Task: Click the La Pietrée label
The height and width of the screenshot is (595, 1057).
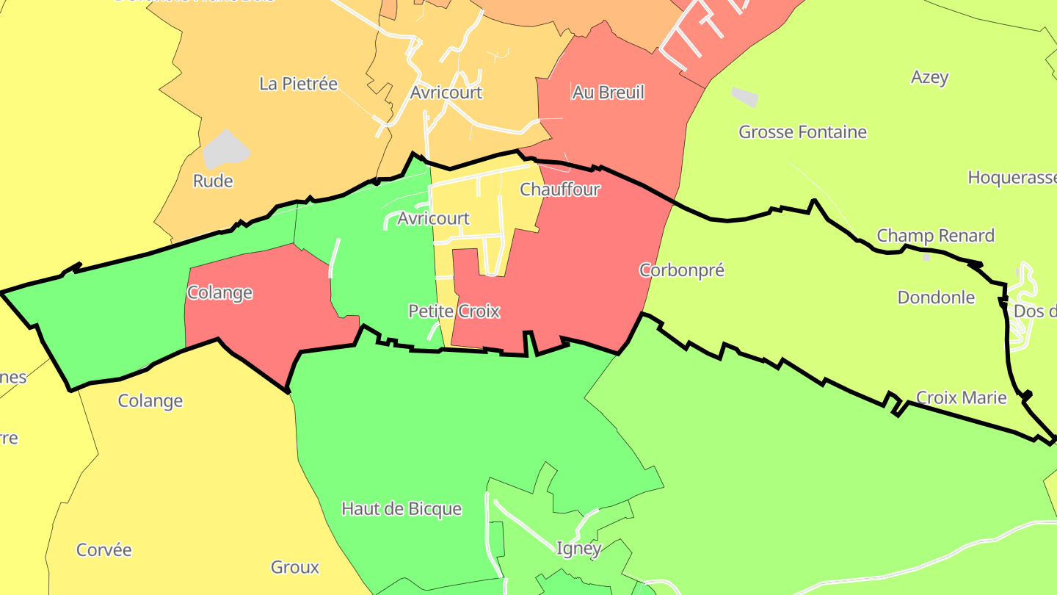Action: [x=298, y=84]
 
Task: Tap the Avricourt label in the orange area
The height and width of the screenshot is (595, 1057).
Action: [x=446, y=93]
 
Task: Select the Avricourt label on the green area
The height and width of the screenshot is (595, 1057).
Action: [x=433, y=218]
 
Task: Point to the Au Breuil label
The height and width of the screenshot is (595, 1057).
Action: [x=608, y=92]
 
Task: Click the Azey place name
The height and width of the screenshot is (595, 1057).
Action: [x=929, y=77]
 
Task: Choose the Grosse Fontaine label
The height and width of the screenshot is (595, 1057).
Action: [x=802, y=132]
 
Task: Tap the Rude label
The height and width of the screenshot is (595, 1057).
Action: [x=213, y=181]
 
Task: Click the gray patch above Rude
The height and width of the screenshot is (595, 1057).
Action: [x=225, y=150]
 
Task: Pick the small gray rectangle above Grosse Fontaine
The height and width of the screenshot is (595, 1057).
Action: [x=744, y=96]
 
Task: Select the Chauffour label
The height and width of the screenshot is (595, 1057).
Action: [x=560, y=190]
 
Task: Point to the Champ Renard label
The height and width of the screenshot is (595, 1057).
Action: [x=935, y=236]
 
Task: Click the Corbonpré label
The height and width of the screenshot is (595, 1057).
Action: [x=682, y=270]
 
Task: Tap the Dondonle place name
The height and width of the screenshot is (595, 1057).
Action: [x=936, y=297]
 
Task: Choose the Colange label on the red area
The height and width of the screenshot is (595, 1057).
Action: [x=219, y=292]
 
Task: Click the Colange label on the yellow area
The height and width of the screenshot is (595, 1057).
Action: [x=150, y=401]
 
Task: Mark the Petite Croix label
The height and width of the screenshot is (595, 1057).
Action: [x=454, y=311]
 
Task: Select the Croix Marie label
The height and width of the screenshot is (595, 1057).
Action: [x=962, y=398]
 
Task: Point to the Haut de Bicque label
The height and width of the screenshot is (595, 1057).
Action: [x=402, y=508]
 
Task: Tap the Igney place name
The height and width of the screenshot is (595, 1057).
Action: [x=578, y=548]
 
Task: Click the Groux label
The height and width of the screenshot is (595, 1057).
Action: [x=295, y=567]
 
